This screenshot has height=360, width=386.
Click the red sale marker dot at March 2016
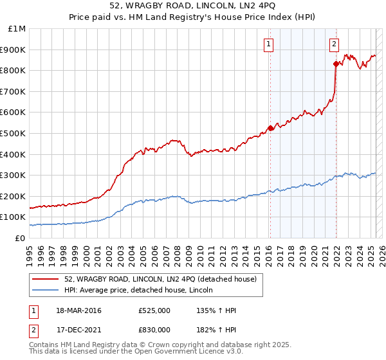(270, 128)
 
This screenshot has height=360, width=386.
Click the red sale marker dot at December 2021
(336, 63)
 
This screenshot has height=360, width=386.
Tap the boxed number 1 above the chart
(268, 44)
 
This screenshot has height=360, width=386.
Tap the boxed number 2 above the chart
(335, 44)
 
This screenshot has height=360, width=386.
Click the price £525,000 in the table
(154, 310)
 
